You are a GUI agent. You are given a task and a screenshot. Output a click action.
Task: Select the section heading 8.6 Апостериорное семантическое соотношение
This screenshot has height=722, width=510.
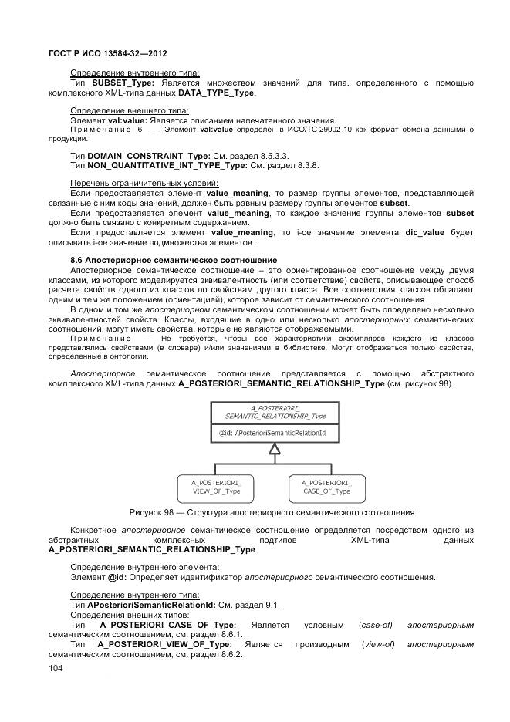[174, 259]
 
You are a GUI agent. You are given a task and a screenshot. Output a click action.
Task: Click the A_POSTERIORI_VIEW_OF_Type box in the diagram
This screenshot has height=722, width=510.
[215, 486]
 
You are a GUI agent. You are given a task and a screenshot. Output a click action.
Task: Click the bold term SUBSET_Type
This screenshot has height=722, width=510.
[122, 83]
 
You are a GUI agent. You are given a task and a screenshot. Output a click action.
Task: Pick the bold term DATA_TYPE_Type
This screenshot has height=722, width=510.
[217, 93]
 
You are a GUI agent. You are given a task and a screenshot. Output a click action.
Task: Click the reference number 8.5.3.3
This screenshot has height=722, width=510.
[278, 155]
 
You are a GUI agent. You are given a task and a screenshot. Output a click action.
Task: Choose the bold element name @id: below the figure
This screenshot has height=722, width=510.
[117, 577]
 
